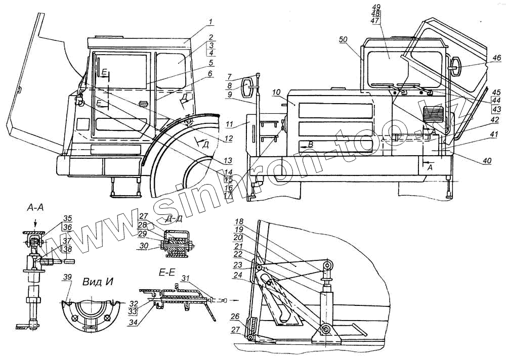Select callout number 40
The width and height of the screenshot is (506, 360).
tap(487, 161)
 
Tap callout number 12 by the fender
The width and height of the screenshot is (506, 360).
tap(229, 139)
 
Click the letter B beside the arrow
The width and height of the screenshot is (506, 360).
tap(310, 145)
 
